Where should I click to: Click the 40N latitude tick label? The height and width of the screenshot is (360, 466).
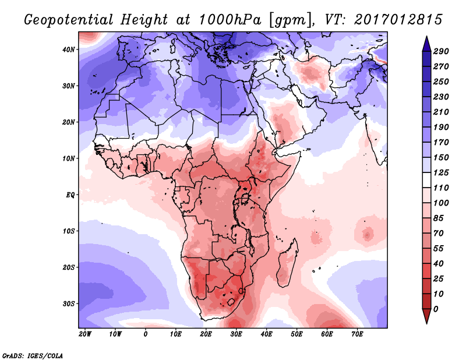click(69, 50)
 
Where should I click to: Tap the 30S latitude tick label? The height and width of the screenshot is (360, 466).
click(69, 303)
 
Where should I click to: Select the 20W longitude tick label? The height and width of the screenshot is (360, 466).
click(85, 334)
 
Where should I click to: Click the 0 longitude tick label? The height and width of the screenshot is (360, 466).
click(146, 334)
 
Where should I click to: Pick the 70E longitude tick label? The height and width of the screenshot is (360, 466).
click(358, 334)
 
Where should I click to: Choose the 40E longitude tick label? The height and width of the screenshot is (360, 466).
click(267, 334)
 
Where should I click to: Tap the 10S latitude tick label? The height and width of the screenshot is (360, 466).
click(69, 231)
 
